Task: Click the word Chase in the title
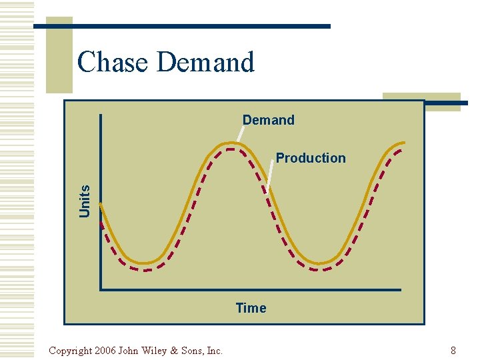[112, 62]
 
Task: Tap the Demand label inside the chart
[268, 120]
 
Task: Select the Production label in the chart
[311, 158]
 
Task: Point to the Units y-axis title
[85, 200]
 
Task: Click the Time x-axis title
[251, 308]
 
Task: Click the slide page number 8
[453, 351]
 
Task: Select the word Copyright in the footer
[71, 351]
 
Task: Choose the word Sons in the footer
[192, 351]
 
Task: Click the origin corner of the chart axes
[101, 289]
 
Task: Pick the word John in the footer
[130, 351]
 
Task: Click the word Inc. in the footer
[215, 351]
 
